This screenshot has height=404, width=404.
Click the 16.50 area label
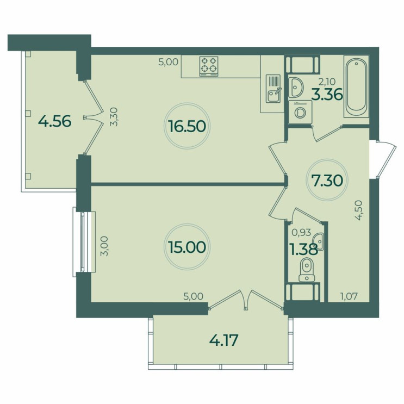pos(187,126)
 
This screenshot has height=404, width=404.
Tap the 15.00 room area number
pos(187,247)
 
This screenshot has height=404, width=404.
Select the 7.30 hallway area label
pos(327,181)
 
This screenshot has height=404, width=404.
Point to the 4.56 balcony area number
pos(54,121)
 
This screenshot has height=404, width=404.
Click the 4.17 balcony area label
pos(223,341)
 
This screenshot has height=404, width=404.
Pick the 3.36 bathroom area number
pos(327,95)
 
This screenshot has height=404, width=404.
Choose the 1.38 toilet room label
pos(304,250)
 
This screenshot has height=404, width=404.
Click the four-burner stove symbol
pos(209,66)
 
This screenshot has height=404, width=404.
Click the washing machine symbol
pos(300,112)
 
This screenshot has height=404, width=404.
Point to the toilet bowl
pos(307,270)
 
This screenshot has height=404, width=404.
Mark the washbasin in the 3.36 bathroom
pos(296,88)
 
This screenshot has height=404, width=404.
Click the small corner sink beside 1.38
pos(319,241)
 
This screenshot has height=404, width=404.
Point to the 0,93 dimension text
pos(301,232)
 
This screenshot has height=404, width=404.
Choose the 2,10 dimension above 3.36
pos(327,82)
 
